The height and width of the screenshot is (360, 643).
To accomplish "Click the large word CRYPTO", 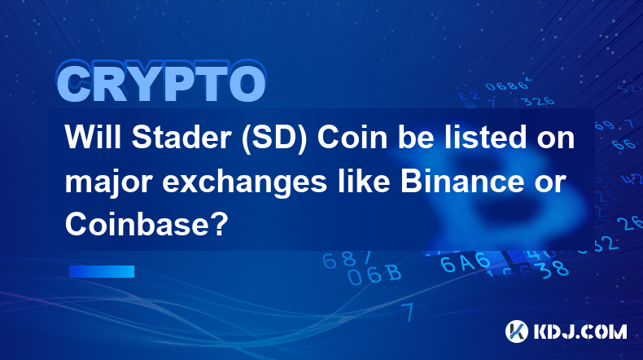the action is [162, 82].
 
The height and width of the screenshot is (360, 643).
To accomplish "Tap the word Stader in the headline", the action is [180, 138].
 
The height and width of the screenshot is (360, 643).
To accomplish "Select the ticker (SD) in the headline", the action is [274, 138].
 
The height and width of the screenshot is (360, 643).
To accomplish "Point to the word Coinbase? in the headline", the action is [147, 224].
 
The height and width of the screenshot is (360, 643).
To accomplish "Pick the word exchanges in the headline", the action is [244, 184].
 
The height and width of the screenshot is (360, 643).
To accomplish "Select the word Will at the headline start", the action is [93, 138].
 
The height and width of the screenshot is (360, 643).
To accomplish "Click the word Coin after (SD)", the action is [352, 138].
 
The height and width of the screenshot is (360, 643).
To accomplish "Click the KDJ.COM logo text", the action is [580, 331].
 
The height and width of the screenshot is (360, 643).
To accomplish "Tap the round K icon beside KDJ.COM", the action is [517, 331].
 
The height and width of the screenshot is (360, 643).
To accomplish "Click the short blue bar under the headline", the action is [102, 271].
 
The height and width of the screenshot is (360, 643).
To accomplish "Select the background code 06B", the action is [374, 274].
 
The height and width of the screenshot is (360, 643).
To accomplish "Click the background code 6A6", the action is [465, 262].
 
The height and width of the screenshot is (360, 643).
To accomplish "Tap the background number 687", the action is [347, 259].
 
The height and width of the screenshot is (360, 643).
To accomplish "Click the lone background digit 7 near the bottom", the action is [408, 311].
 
